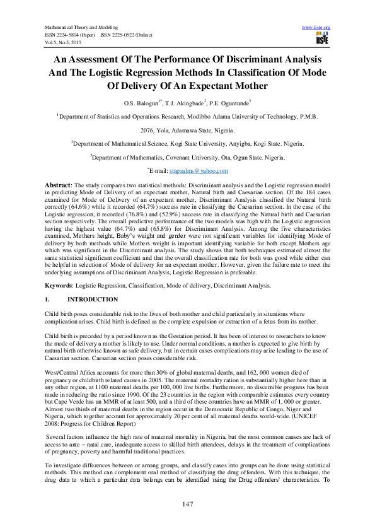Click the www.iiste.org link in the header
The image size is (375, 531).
316,28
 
